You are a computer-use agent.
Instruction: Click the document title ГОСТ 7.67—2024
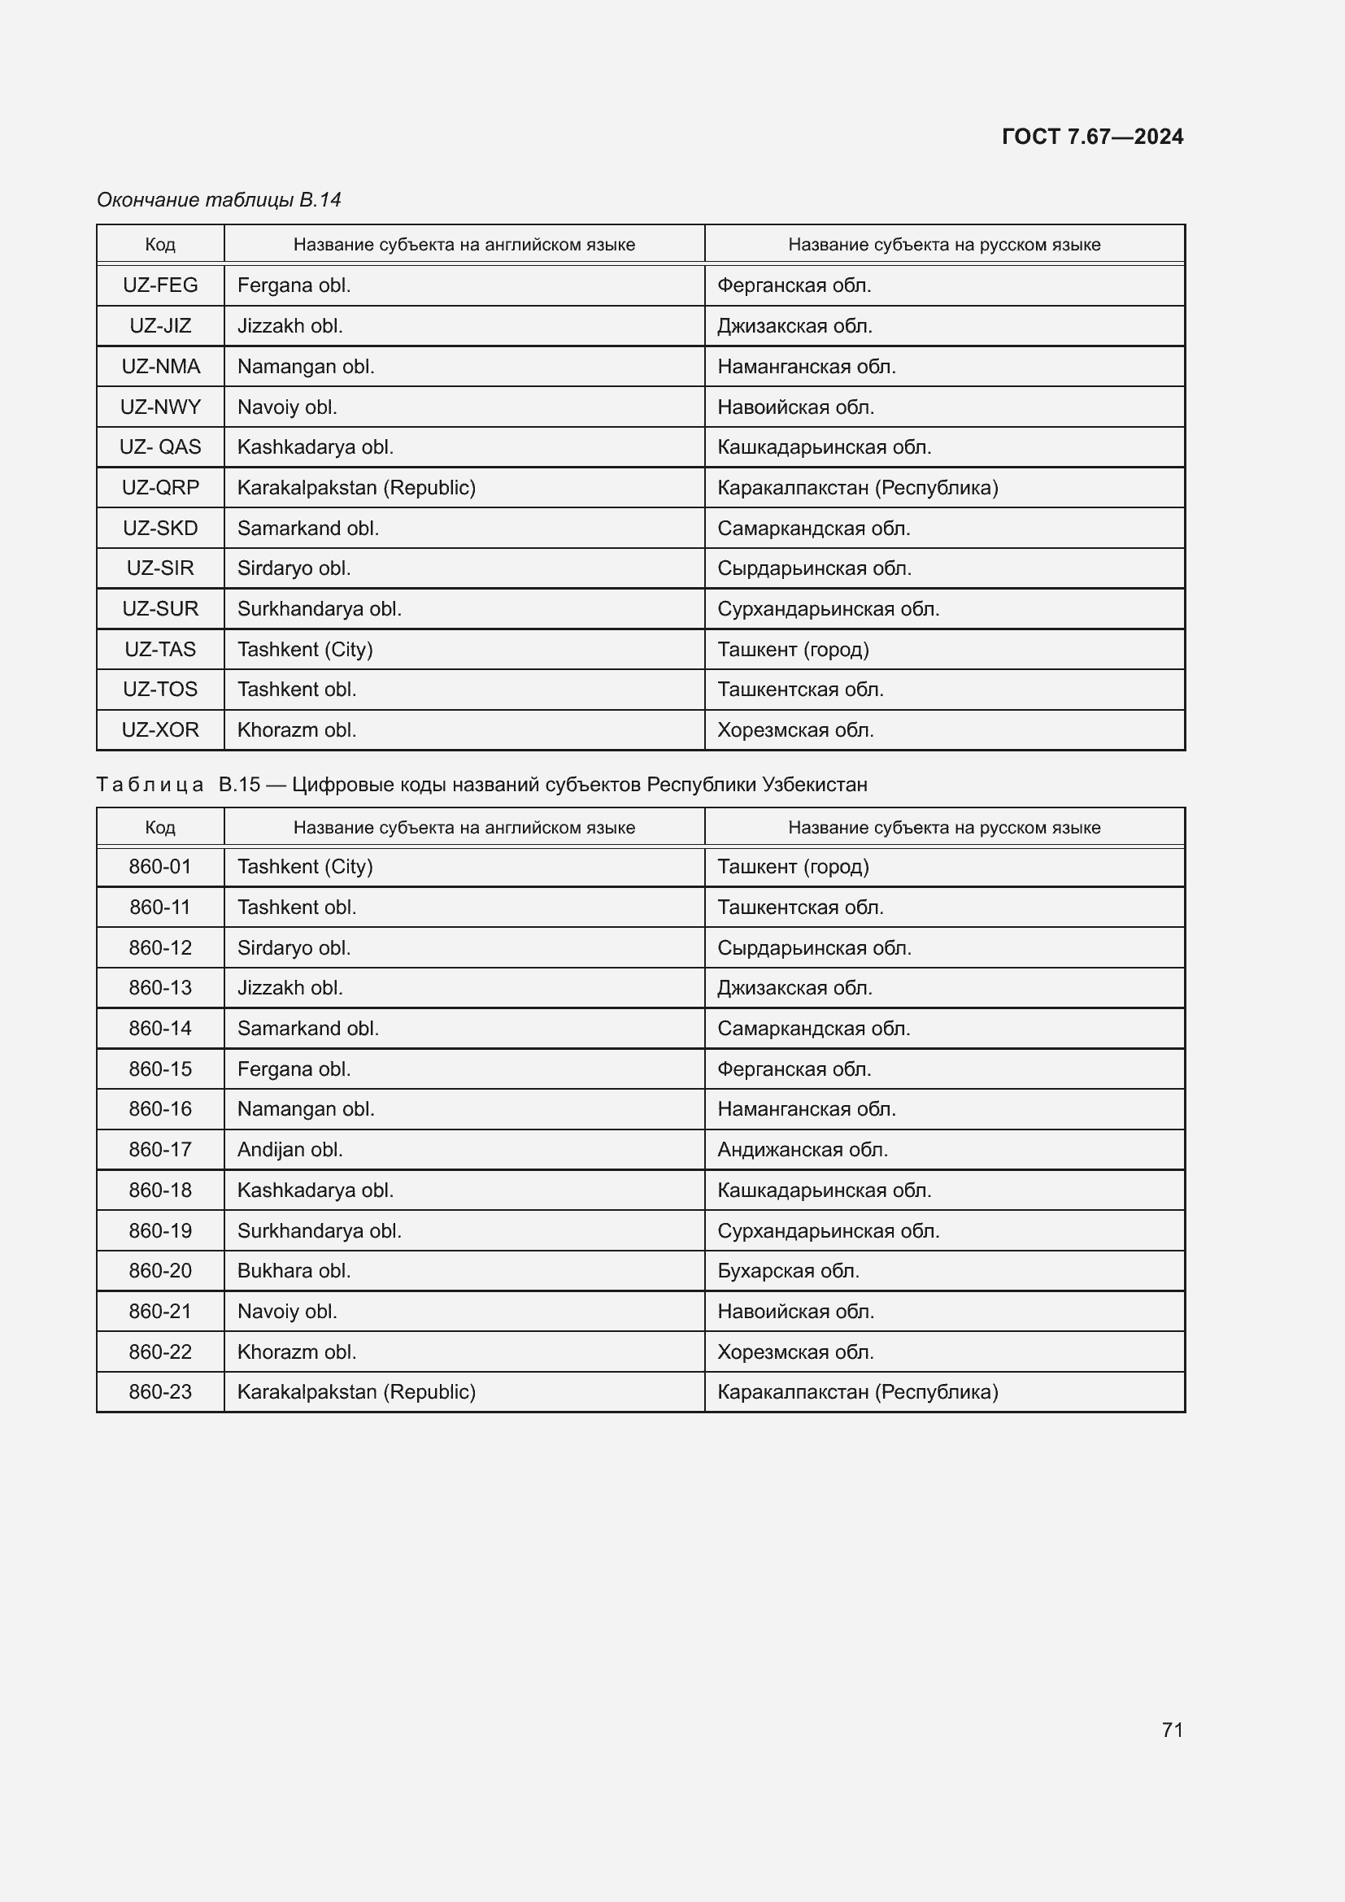click(1091, 137)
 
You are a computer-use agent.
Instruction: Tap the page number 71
click(1172, 1730)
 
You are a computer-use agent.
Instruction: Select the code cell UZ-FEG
click(160, 285)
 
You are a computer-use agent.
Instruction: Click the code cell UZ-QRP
click(160, 488)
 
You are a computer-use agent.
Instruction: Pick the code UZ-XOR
click(160, 729)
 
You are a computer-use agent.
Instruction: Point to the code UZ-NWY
click(160, 407)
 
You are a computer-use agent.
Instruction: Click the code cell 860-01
click(160, 868)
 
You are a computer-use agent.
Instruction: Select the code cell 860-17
click(160, 1150)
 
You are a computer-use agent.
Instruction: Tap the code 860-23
click(160, 1391)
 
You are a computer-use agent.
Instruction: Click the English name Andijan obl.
click(289, 1150)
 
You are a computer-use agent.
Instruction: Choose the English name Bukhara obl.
click(294, 1271)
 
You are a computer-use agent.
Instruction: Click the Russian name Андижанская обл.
click(802, 1150)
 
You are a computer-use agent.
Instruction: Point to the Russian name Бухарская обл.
click(788, 1271)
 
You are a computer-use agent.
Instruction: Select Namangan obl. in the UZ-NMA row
click(306, 367)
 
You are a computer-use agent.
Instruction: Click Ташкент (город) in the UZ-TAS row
click(793, 650)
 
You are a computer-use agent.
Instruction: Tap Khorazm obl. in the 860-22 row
click(297, 1352)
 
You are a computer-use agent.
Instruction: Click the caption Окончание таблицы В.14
click(219, 200)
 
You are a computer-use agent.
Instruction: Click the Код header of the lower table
click(160, 828)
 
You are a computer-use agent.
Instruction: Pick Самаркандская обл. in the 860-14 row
click(813, 1029)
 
